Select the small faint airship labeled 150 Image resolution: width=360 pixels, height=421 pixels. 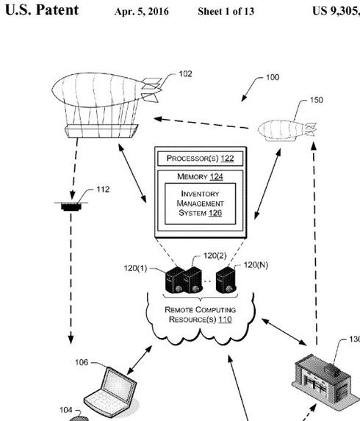pos(284,130)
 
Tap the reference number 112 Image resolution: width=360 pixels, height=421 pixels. pos(103,189)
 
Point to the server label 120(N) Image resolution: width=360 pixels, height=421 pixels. pos(256,264)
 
